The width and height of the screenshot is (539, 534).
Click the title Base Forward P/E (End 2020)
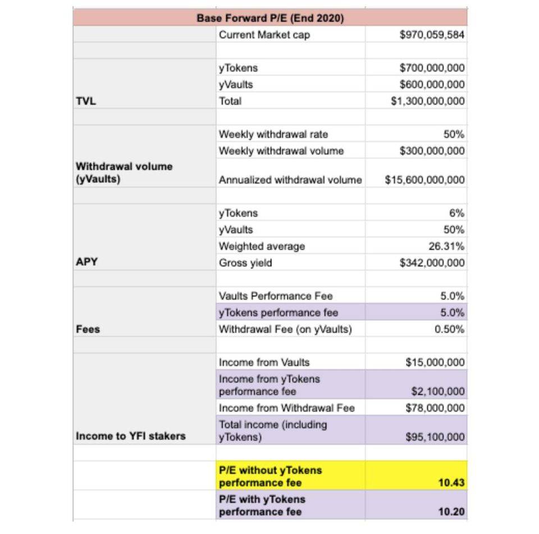tap(270, 18)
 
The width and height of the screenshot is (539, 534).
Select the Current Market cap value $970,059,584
tap(432, 35)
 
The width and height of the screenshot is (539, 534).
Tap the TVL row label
tap(86, 101)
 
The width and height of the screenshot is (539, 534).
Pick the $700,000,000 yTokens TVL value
tap(432, 68)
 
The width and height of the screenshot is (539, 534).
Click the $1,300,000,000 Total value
tap(428, 101)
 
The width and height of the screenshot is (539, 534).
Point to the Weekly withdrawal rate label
tap(273, 134)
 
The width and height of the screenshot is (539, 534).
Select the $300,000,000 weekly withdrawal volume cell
tap(432, 151)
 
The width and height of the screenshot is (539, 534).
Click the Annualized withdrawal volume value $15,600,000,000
tap(424, 180)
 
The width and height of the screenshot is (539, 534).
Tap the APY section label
tap(86, 262)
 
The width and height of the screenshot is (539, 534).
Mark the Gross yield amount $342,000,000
tap(432, 263)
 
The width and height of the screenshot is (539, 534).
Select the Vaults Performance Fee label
tap(275, 296)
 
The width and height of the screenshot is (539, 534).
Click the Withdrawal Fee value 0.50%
tap(449, 330)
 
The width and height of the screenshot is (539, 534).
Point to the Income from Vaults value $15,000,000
tap(435, 363)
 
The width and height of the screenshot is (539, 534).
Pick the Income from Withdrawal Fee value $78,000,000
tap(435, 408)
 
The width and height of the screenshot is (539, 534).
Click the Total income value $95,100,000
tap(435, 437)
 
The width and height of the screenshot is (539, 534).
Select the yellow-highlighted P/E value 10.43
tap(452, 483)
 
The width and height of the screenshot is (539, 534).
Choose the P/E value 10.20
tap(452, 512)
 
